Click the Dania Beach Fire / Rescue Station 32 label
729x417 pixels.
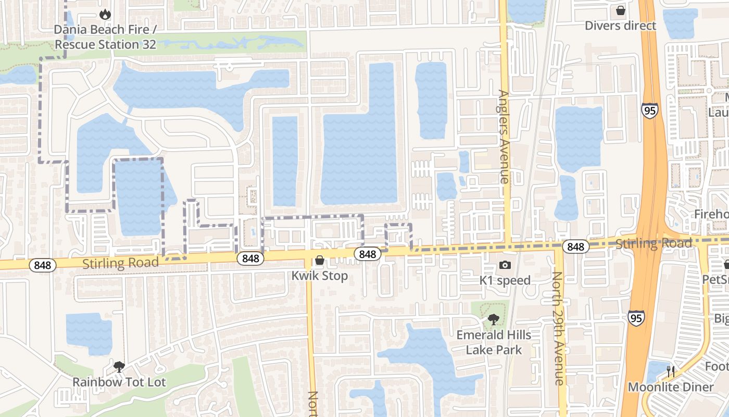[x=105, y=37]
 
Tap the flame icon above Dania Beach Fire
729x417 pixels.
[x=105, y=14]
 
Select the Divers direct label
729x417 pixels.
[x=620, y=26]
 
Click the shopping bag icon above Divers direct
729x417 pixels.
[x=620, y=10]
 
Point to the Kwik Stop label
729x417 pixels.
[x=320, y=275]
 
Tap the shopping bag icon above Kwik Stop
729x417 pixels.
[x=320, y=260]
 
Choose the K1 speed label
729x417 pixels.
[x=505, y=280]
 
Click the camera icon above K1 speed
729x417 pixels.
[x=505, y=265]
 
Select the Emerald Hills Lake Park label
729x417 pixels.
[x=494, y=342]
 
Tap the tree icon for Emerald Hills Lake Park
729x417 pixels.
[x=494, y=319]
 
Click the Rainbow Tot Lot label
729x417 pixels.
[x=119, y=382]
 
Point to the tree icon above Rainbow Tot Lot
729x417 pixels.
[x=119, y=366]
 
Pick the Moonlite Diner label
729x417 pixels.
[x=670, y=387]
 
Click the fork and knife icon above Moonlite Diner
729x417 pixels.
[x=671, y=372]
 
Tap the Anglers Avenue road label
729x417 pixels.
[x=504, y=137]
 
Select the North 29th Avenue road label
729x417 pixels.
[x=558, y=328]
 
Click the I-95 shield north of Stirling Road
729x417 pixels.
[x=649, y=110]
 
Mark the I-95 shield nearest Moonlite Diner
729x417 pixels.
[x=635, y=317]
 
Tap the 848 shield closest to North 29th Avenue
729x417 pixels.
[x=576, y=247]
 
